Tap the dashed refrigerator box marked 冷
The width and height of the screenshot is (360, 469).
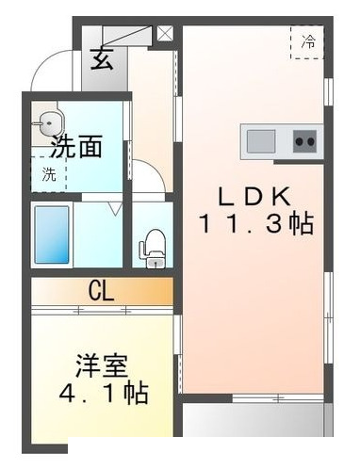(x=307, y=42)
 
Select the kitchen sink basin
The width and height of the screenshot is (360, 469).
(x=261, y=142)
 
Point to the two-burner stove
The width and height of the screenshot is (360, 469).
(x=304, y=142)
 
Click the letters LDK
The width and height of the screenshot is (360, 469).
(x=254, y=195)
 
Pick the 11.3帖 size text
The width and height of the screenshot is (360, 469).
(x=254, y=225)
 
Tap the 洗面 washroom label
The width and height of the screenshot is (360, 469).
(x=76, y=147)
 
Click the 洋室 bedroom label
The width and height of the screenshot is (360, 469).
(x=102, y=364)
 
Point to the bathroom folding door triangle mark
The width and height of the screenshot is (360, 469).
(x=115, y=209)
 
